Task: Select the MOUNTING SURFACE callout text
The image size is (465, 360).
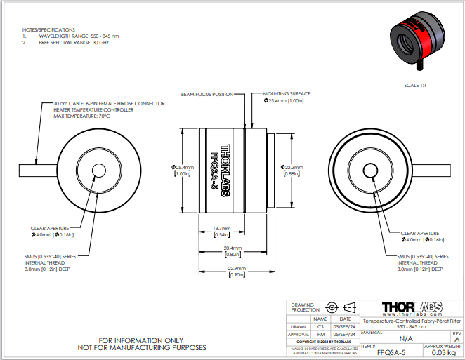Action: [287, 93]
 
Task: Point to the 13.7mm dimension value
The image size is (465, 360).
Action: [222, 229]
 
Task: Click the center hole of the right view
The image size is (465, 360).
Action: [369, 171]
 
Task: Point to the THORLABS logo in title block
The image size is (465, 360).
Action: [410, 307]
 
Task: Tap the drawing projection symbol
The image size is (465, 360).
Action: [340, 307]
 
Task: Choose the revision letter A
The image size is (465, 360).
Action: [457, 338]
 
